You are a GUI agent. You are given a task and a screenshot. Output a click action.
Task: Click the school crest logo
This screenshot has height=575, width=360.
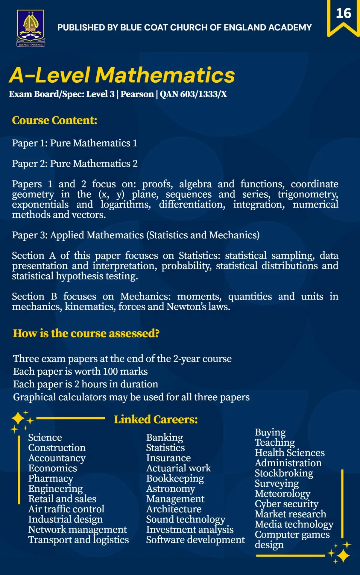click(31, 28)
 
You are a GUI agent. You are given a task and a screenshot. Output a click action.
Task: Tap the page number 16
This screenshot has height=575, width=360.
click(343, 13)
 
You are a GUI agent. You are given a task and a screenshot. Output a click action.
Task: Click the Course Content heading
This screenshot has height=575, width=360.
click(54, 120)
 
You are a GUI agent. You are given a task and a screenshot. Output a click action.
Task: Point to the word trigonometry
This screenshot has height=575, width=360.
click(308, 194)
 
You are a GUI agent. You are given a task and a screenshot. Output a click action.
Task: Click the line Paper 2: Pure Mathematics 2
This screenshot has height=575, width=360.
click(75, 164)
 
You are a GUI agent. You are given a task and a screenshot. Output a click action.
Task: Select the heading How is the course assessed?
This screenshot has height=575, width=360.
click(86, 333)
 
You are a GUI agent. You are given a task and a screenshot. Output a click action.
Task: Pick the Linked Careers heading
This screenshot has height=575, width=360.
click(156, 420)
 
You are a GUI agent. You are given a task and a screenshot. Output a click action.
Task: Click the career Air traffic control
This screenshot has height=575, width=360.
click(66, 509)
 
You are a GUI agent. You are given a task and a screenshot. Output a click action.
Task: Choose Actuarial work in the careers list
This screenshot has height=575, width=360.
click(178, 468)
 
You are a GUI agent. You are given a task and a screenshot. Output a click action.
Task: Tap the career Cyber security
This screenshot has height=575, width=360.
click(286, 504)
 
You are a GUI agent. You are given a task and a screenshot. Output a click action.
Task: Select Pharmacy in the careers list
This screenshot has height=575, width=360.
click(51, 479)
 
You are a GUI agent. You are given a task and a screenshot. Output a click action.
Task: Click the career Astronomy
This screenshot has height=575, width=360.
click(170, 489)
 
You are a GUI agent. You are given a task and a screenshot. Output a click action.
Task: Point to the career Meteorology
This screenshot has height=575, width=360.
click(282, 494)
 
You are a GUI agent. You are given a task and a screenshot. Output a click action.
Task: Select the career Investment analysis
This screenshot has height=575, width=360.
click(190, 529)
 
